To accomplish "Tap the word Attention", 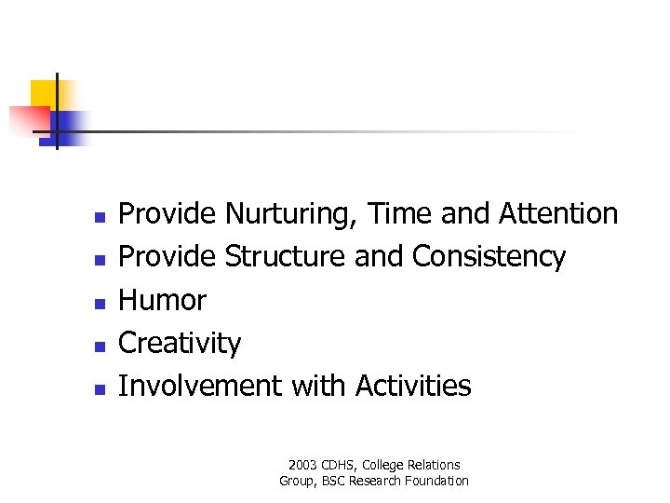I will coord(558,214).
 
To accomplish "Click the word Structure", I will coord(286,257).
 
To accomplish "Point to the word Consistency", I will coord(489,257).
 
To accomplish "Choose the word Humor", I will coord(163,300).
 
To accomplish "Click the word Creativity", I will coord(180,344).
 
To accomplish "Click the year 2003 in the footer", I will coord(302,465).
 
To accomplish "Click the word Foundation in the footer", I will coord(434,481).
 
